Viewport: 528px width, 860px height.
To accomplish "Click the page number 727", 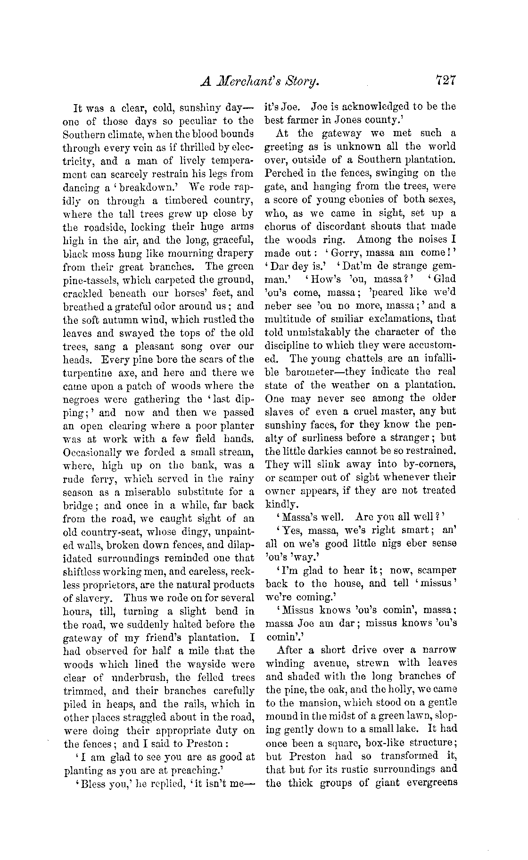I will (445, 80).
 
